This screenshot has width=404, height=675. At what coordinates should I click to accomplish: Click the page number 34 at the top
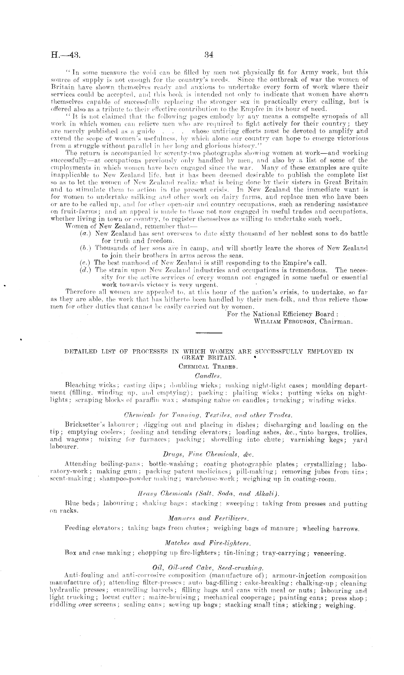pyautogui.click(x=209, y=55)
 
